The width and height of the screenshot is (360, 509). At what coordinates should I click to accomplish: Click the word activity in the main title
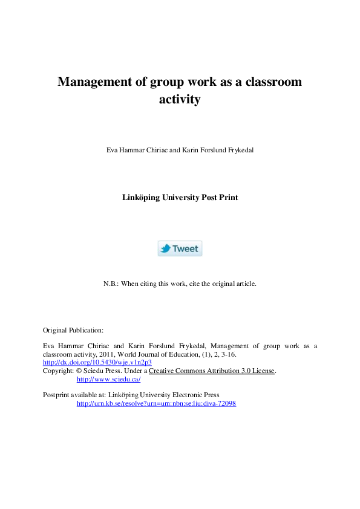(x=179, y=100)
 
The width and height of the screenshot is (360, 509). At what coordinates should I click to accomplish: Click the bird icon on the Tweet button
(x=165, y=248)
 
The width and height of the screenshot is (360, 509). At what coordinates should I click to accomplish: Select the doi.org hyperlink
(x=97, y=362)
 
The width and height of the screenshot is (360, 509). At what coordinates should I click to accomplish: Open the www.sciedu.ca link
(x=108, y=379)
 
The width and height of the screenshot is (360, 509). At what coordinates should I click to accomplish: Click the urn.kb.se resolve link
(x=156, y=403)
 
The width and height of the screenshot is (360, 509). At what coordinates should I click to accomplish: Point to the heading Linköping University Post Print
(x=180, y=197)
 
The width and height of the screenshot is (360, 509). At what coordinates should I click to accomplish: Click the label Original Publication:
(x=73, y=330)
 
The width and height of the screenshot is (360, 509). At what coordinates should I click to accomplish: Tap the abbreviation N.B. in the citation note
(x=112, y=284)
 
